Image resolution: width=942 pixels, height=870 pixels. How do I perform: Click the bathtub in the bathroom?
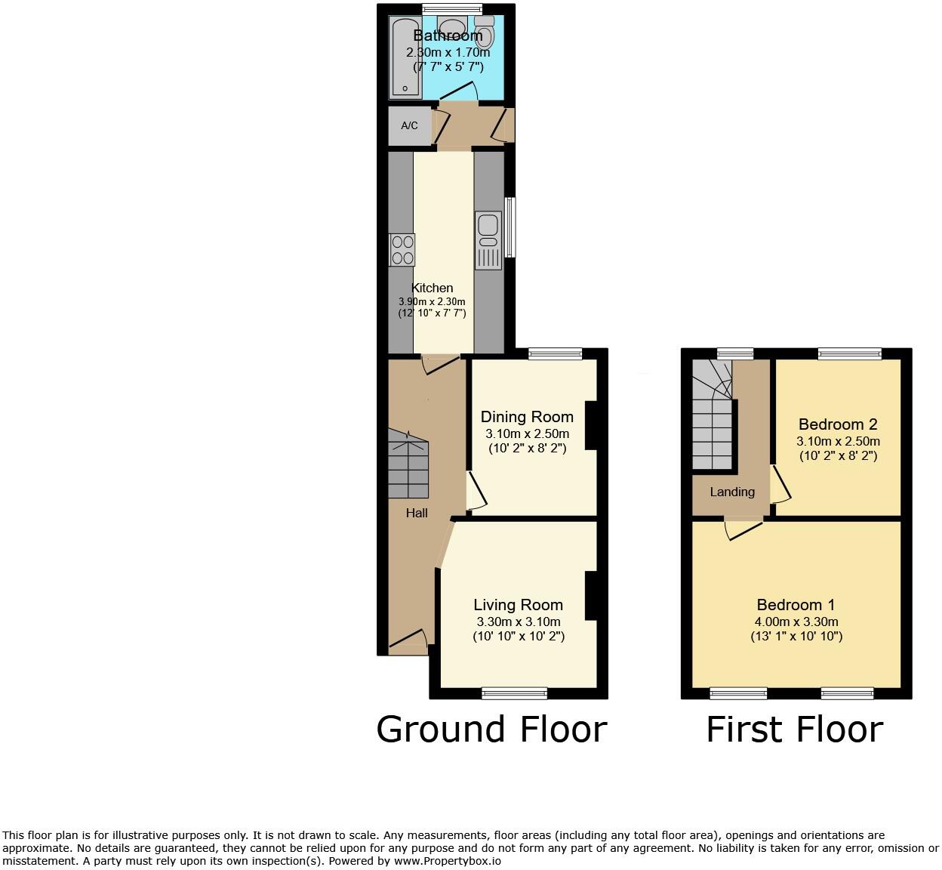[x=405, y=57]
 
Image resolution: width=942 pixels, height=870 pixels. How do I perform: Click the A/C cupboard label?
[x=409, y=125]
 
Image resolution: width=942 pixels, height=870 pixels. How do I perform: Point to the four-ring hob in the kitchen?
[x=402, y=250]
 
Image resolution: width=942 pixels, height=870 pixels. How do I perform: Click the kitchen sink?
[x=488, y=240]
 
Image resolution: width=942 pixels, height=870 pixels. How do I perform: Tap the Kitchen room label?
[x=432, y=288]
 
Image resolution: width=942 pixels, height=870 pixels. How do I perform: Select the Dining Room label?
[x=527, y=417]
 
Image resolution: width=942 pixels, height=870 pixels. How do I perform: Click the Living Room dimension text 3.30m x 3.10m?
[x=519, y=622]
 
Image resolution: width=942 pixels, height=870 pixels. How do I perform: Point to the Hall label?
[x=417, y=513]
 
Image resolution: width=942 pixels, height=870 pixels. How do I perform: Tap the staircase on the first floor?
[x=713, y=415]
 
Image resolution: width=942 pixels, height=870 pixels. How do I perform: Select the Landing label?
[x=732, y=492]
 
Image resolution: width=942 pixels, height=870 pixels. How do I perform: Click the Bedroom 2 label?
[x=838, y=424]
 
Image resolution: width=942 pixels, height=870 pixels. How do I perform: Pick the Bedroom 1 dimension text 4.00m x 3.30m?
[x=796, y=622]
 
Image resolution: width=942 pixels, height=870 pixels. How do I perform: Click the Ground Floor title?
[x=491, y=730]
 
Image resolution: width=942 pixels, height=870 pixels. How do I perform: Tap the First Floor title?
[x=795, y=730]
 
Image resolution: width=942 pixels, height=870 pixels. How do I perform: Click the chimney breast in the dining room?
[x=591, y=426]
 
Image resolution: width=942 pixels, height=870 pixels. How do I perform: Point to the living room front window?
[x=514, y=693]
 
